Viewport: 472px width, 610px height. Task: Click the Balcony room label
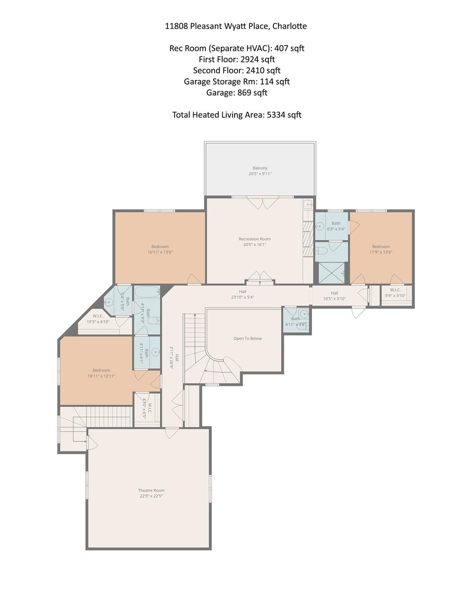260,168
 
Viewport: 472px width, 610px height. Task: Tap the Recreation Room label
254,239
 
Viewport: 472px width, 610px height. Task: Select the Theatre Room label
151,490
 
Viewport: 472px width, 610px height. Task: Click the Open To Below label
247,339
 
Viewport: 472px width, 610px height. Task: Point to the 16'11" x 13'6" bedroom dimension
160,252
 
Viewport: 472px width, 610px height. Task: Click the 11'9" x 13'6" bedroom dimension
381,252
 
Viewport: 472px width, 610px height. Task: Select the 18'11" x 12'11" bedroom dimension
101,376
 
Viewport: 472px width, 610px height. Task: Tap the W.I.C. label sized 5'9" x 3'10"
395,290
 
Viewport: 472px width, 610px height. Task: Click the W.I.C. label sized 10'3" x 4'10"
98,316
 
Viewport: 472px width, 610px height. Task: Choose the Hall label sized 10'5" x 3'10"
334,293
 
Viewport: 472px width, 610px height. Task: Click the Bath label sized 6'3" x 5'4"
336,223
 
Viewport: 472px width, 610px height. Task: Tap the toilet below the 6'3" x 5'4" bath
321,251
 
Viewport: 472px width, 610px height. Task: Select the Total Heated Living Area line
237,115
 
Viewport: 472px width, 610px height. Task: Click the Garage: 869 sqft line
237,93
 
